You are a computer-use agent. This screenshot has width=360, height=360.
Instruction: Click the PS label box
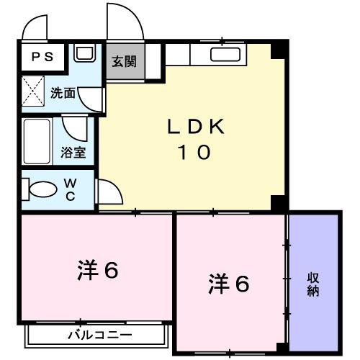click(42, 56)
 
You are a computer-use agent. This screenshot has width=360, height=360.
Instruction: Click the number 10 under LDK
click(191, 153)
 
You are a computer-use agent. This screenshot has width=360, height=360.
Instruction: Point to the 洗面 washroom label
click(63, 92)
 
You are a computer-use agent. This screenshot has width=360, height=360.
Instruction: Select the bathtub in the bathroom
click(35, 140)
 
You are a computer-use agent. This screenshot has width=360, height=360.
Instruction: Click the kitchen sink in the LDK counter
click(225, 55)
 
